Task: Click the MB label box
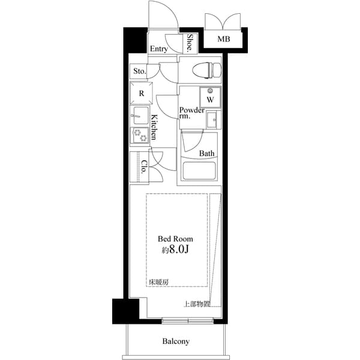(223, 40)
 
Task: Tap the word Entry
(158, 49)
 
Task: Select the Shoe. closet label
(190, 43)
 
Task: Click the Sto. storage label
(139, 71)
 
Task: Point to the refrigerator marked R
(142, 93)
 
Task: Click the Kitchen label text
(154, 127)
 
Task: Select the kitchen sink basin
(140, 115)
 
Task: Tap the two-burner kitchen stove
(140, 136)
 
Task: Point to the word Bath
(207, 153)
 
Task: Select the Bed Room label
(175, 238)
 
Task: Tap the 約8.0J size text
(175, 250)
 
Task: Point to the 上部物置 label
(196, 304)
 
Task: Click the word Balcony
(176, 341)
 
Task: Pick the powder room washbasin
(212, 121)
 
